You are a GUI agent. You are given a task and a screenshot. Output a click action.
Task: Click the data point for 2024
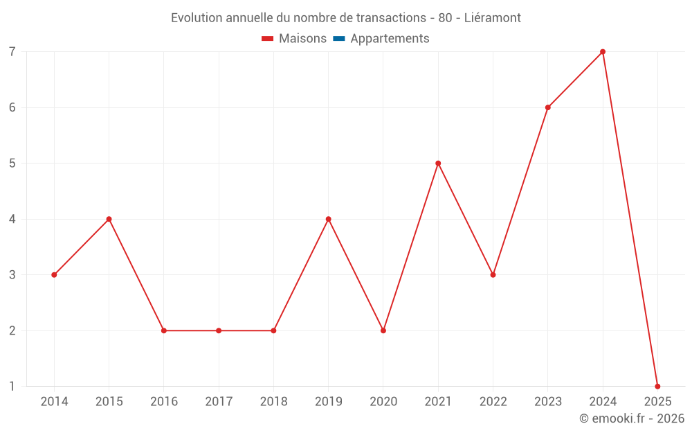[x=603, y=52]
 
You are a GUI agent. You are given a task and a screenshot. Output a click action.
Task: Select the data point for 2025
[x=657, y=386]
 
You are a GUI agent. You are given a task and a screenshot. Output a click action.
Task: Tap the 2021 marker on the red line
[x=438, y=164]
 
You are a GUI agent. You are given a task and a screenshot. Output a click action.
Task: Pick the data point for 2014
[x=54, y=275]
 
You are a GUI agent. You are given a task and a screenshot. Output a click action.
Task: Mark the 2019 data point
[x=328, y=219]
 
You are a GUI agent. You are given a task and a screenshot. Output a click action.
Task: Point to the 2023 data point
[x=548, y=107]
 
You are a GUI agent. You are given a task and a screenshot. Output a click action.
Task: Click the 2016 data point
[x=164, y=330]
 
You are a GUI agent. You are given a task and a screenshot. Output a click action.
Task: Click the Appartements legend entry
[x=390, y=39]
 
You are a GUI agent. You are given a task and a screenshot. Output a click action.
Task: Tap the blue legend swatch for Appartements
[x=338, y=39]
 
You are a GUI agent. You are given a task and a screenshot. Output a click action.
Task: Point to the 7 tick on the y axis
[x=12, y=52]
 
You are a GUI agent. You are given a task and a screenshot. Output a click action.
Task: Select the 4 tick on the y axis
[x=12, y=219]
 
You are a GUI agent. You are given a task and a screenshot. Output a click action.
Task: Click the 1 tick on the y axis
[x=12, y=386]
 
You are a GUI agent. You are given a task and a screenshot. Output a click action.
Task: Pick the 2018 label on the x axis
[x=273, y=402]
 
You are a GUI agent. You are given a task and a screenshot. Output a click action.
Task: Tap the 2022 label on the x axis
[x=493, y=402]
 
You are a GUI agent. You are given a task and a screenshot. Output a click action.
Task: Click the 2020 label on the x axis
[x=383, y=402]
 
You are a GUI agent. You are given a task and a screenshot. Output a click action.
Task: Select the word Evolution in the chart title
[x=197, y=17]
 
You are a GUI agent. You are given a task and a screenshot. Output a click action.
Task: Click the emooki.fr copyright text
[x=631, y=418]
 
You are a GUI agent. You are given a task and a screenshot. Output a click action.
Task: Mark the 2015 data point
[x=109, y=219]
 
